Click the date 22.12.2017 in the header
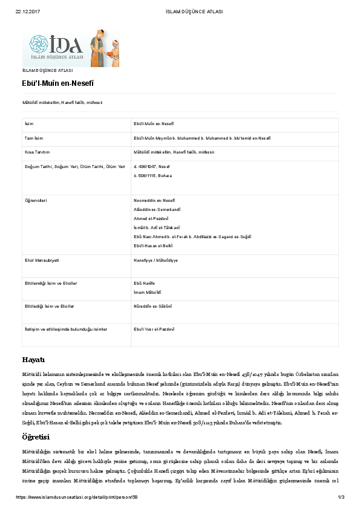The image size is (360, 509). point(24,11)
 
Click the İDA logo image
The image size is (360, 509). point(71,48)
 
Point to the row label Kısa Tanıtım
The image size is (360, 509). point(36,152)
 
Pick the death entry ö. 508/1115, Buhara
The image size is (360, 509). point(152,175)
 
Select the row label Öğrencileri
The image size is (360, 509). point(36,199)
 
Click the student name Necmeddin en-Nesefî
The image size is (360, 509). point(154,199)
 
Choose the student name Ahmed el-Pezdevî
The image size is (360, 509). point(151,218)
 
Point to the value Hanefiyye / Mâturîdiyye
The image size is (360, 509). point(155,260)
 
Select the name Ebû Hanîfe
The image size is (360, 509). point(145,283)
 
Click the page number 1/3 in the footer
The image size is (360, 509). point(341,497)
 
